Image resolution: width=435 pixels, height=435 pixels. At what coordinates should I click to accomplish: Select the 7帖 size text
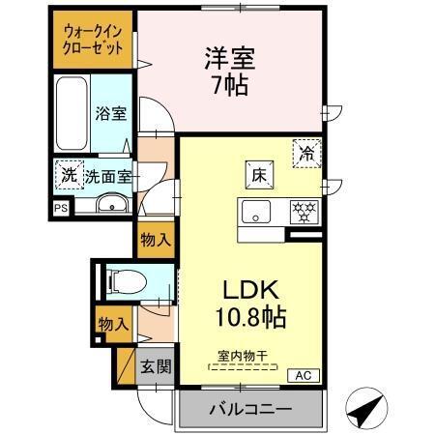[230, 86]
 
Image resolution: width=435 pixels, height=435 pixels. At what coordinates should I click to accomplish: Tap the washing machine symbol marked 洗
[69, 175]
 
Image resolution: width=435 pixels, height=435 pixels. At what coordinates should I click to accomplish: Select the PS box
[61, 206]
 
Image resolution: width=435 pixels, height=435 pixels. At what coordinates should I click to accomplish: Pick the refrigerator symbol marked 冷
[306, 152]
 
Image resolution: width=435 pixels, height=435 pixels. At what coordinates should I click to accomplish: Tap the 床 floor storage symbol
[259, 175]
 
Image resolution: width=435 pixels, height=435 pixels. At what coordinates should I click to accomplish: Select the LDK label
[252, 289]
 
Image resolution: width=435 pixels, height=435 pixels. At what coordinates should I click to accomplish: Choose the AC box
[302, 375]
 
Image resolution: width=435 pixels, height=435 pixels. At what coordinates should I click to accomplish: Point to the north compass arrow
[365, 410]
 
